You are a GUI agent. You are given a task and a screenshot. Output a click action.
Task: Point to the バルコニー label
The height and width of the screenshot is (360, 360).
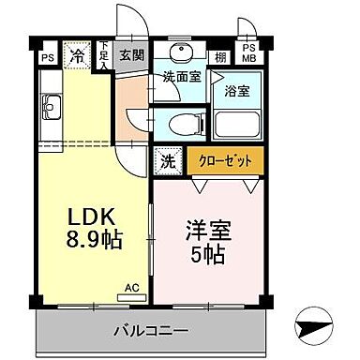tap(152, 330)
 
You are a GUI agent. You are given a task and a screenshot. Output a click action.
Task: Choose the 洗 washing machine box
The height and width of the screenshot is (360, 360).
tap(167, 160)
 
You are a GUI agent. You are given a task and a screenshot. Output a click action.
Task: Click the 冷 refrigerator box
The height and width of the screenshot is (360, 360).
tap(77, 56)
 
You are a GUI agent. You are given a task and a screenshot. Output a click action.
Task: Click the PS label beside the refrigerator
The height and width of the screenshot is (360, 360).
tap(46, 57)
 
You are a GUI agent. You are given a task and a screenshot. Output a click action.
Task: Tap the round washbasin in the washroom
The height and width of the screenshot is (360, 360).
tap(181, 52)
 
